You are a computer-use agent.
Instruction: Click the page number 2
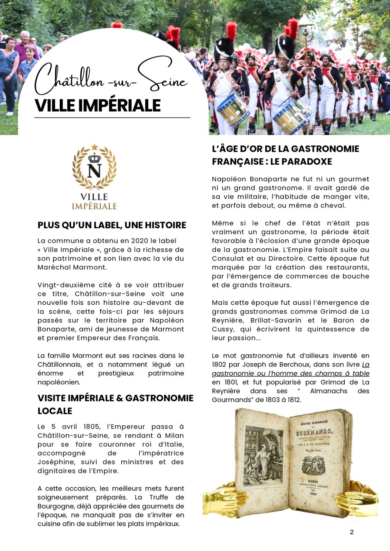click(351, 532)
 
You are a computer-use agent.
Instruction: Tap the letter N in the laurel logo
click(94, 171)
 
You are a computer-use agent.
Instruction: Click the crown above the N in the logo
click(94, 158)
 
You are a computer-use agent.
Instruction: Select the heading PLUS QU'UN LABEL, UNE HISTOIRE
click(112, 225)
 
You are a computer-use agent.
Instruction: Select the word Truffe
click(159, 497)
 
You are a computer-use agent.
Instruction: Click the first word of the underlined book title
click(366, 364)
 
